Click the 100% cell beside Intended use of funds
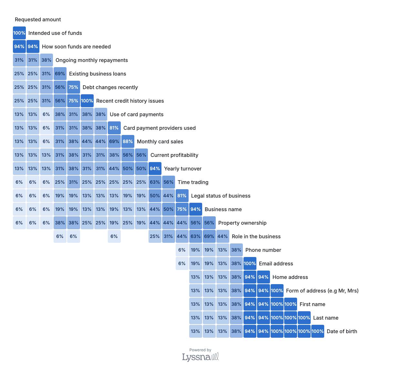pos(19,33)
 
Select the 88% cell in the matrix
pos(128,141)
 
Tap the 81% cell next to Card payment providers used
pos(114,128)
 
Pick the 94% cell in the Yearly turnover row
pos(155,169)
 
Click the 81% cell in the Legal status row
pos(182,196)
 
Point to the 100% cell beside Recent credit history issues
pos(87,101)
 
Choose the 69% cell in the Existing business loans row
pos(60,74)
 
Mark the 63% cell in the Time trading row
pos(155,182)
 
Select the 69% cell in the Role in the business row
pos(209,236)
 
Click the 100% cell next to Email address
pos(250,263)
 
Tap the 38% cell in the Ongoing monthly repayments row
pos(46,60)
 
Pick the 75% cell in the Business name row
pos(182,209)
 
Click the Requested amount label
pos(38,19)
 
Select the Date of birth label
pos(342,331)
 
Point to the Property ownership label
pos(242,223)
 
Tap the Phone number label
pos(263,250)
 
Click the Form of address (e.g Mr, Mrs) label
pos(322,291)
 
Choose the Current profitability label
pos(174,155)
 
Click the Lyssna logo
pos(200,357)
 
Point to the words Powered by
pos(200,350)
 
